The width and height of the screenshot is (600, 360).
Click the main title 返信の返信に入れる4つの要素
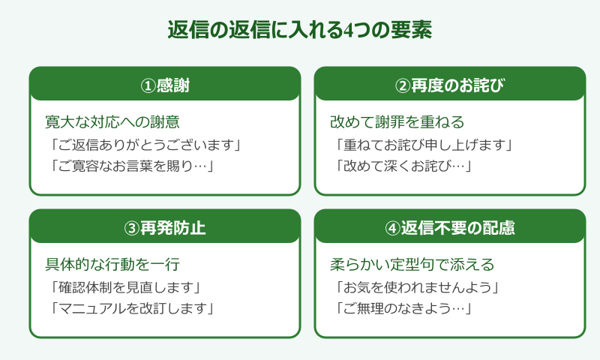pos(299,31)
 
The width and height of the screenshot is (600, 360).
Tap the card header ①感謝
pos(165,85)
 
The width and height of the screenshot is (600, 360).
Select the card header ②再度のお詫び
pos(449,85)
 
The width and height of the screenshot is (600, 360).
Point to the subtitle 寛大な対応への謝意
pos(112,121)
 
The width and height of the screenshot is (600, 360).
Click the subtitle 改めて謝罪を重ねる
pos(397,121)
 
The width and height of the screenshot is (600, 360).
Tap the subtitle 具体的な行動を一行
pos(112,264)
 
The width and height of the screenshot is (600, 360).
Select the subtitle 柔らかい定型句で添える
pos(412,264)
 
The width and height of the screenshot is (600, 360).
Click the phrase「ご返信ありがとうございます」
pos(147,144)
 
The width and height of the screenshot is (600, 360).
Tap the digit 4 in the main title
pos(350,31)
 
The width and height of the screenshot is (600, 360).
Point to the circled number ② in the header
pos(402,85)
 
